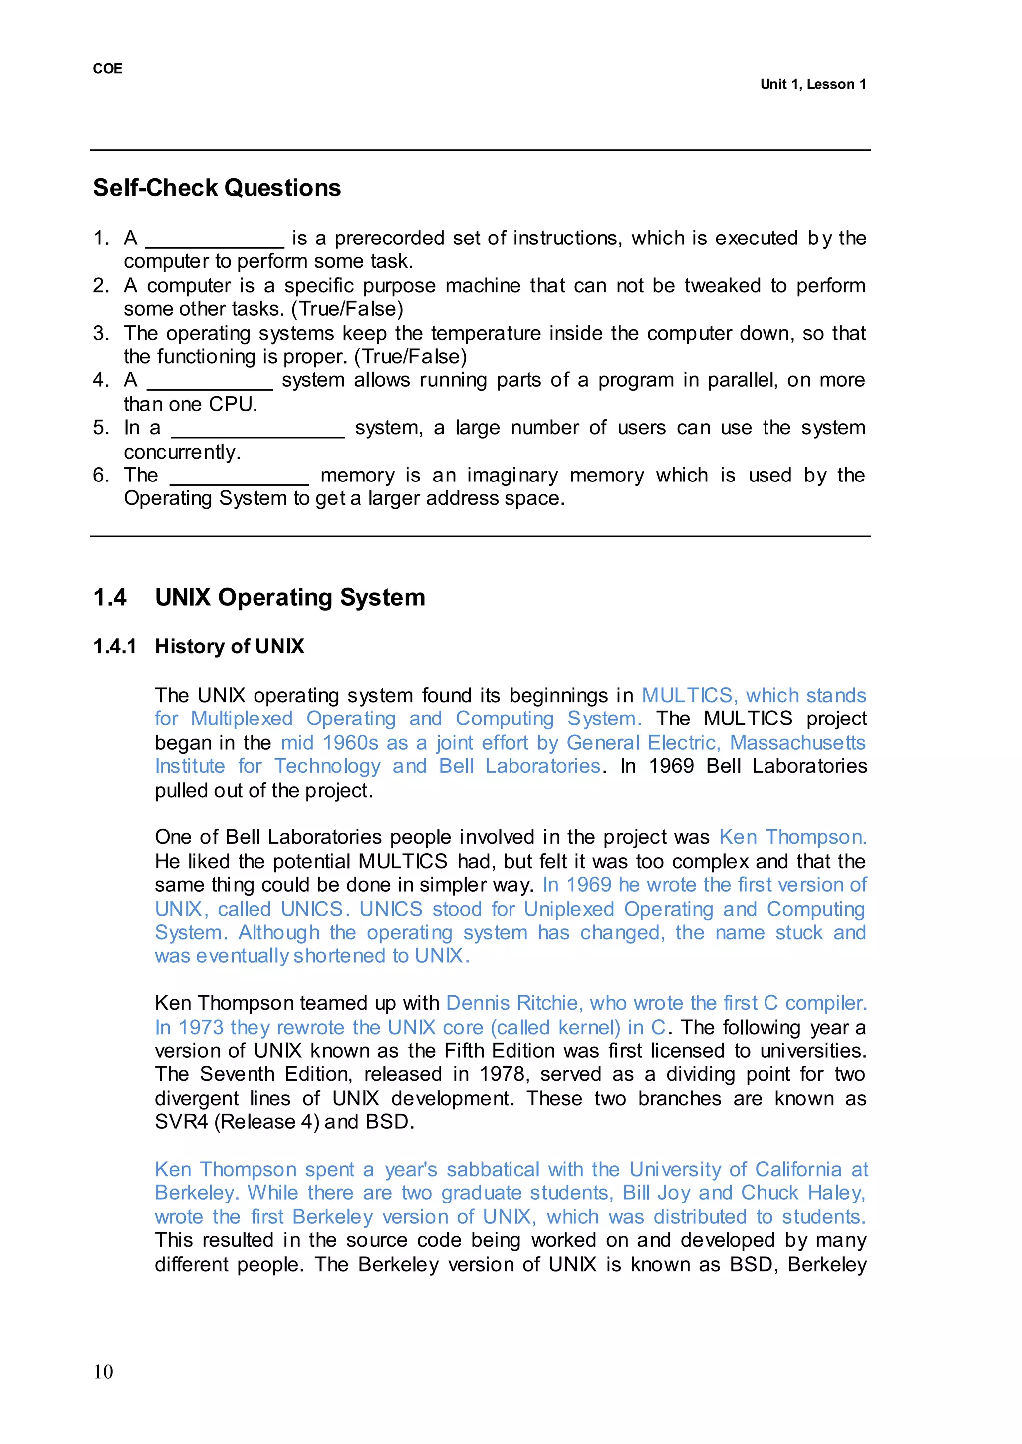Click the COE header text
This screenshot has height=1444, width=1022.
[x=108, y=68]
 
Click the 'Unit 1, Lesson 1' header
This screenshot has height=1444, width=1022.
[x=812, y=84]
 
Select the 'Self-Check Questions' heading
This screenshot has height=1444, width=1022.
[x=217, y=188]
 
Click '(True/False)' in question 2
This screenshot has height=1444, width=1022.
[x=347, y=309]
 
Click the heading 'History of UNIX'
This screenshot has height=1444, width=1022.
[x=230, y=646]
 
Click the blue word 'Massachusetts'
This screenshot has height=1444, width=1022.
[x=797, y=743]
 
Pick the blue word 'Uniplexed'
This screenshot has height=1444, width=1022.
[x=569, y=909]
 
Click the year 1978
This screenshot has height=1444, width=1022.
[x=504, y=1074]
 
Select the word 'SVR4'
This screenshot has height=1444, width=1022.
[x=181, y=1122]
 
